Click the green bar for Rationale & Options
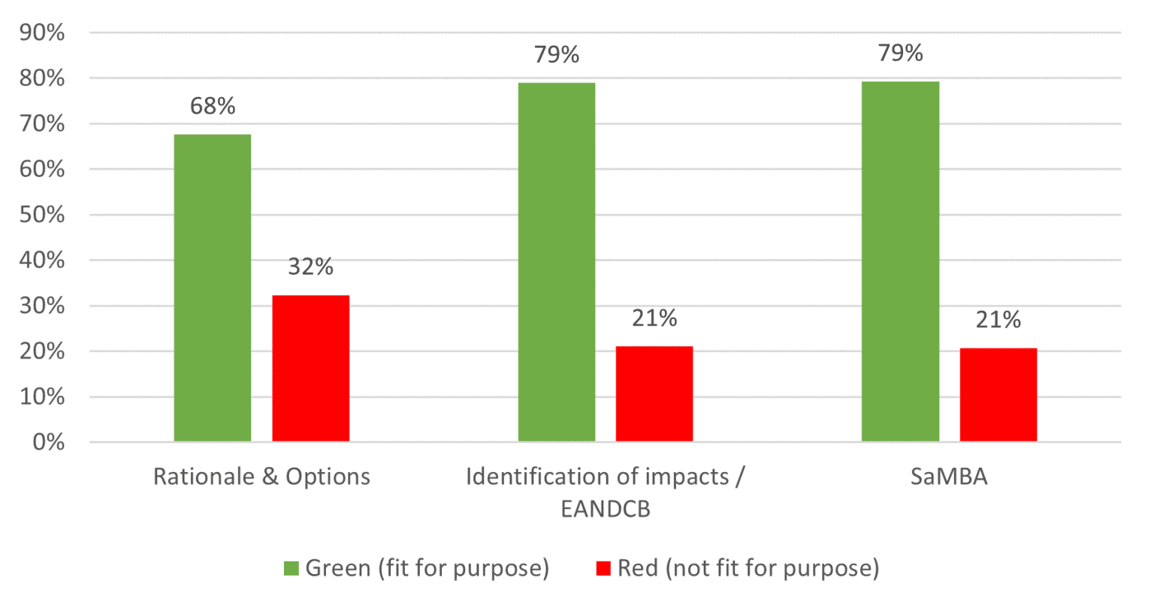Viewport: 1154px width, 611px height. pyautogui.click(x=213, y=288)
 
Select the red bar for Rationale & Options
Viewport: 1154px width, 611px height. pyautogui.click(x=310, y=369)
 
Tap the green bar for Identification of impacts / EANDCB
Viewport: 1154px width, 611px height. pyautogui.click(x=557, y=262)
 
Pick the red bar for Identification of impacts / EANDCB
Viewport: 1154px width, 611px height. pyautogui.click(x=654, y=393)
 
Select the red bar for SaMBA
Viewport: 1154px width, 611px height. pyautogui.click(x=998, y=395)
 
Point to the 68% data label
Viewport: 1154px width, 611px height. pyautogui.click(x=213, y=107)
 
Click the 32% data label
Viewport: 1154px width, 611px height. pyautogui.click(x=310, y=266)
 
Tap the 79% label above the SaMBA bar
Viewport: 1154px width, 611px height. pyautogui.click(x=900, y=53)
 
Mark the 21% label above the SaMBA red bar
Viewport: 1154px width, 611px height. pyautogui.click(x=998, y=321)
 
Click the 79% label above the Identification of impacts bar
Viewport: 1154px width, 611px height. pyautogui.click(x=557, y=55)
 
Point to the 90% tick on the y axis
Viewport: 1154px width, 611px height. pyautogui.click(x=42, y=33)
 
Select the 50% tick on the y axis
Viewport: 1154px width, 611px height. pyautogui.click(x=42, y=215)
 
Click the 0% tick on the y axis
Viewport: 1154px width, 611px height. pyautogui.click(x=48, y=442)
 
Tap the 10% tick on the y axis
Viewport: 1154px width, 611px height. pyautogui.click(x=42, y=397)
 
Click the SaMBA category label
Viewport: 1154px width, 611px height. pyautogui.click(x=949, y=477)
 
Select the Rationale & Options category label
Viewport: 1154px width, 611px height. pyautogui.click(x=261, y=477)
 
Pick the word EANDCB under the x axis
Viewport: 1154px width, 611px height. pyautogui.click(x=606, y=509)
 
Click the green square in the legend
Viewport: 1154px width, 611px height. pyautogui.click(x=291, y=568)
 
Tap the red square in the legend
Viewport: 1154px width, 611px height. pyautogui.click(x=603, y=568)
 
